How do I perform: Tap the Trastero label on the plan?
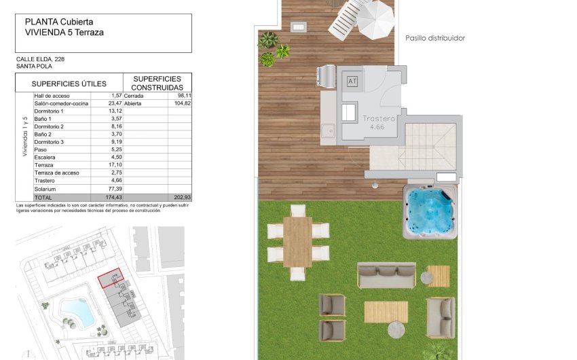coord(377,118)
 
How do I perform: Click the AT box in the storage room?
coord(352,82)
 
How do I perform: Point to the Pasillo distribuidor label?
coord(435,38)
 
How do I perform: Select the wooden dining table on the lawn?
coord(297,241)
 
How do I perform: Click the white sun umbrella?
coord(375,19)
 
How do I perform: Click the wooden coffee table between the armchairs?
coord(386,312)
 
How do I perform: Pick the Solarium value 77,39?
coord(113,189)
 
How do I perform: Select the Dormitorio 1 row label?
coord(49,111)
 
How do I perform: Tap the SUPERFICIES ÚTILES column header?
coord(69,84)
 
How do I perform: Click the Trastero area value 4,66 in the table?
coord(114,181)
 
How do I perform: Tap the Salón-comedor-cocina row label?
coord(62,103)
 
